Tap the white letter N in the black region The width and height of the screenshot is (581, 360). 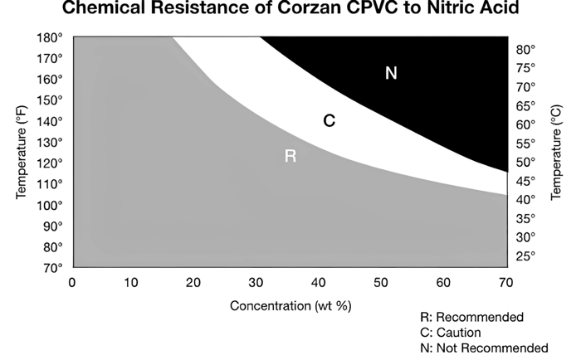click(x=391, y=74)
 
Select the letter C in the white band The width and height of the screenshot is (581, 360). click(x=329, y=121)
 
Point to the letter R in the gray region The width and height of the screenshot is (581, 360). click(x=290, y=156)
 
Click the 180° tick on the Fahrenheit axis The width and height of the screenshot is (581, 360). click(x=51, y=37)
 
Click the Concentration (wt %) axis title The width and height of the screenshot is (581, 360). click(x=290, y=305)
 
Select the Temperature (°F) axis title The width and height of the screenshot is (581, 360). click(x=21, y=153)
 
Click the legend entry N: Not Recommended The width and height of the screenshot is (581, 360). click(x=486, y=348)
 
